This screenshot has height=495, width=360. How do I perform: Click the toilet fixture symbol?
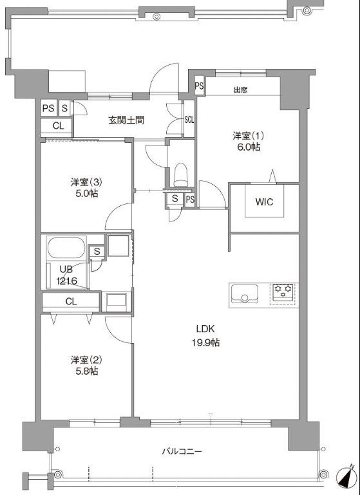[x=181, y=174]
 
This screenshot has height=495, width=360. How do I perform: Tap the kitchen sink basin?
[x=245, y=294]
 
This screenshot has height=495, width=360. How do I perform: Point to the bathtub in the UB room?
[x=66, y=247]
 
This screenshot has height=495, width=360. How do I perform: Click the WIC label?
[x=264, y=202]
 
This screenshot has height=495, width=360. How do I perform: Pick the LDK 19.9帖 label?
[x=205, y=336]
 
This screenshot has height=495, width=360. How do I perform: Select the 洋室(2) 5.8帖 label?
[x=84, y=365]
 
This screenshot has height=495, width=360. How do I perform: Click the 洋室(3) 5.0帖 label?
[x=84, y=188]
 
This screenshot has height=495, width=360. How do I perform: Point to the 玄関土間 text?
[x=126, y=120]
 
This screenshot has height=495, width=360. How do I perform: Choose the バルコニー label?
[x=182, y=451]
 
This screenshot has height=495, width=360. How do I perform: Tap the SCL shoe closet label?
[x=189, y=120]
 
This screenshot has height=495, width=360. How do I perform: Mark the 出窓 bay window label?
[x=241, y=90]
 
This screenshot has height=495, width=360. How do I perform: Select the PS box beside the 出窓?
[x=199, y=86]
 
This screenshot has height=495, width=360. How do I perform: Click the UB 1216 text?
[x=66, y=275]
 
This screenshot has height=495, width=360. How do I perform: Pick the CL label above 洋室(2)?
[x=71, y=301]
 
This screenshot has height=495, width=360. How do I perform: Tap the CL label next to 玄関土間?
[x=58, y=126]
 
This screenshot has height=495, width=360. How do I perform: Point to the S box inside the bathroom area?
[x=97, y=252]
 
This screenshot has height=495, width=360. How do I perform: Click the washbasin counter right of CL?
[x=117, y=301]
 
